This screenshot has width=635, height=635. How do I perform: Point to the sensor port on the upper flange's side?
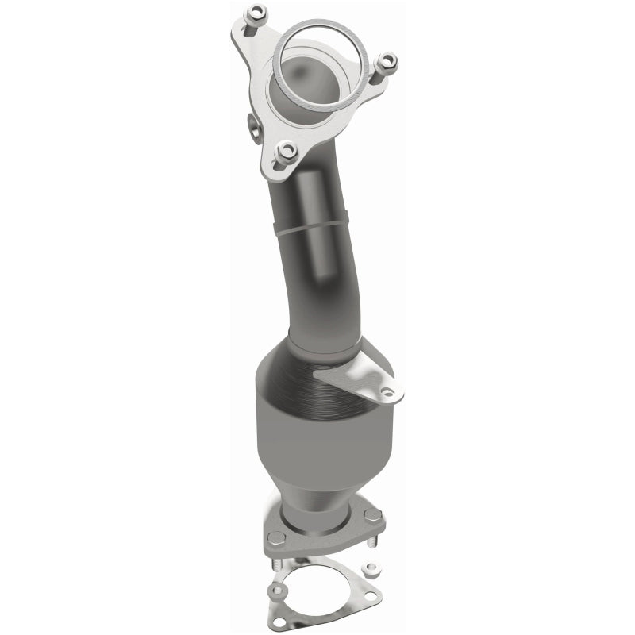click(x=252, y=125)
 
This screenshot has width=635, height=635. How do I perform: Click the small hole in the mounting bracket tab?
click(x=387, y=391)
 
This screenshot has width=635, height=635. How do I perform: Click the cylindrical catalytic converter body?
click(x=306, y=437)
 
